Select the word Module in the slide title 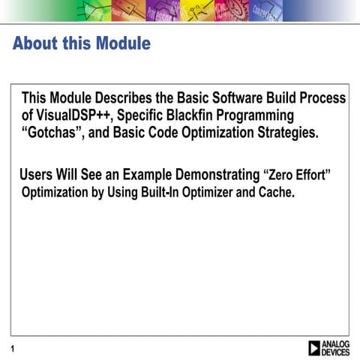[x=124, y=43]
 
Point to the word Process [x=319, y=98]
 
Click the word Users [x=36, y=175]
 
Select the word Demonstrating [x=217, y=175]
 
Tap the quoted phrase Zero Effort [x=298, y=175]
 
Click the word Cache [x=276, y=192]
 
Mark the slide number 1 [x=13, y=348]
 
